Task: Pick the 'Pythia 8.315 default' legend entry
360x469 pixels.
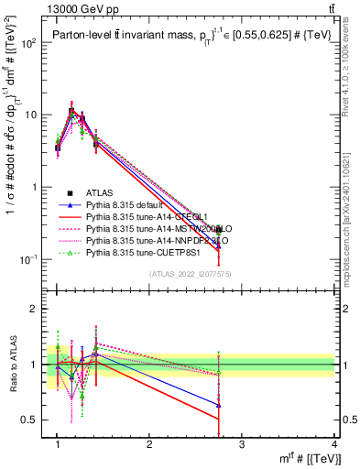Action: point(128,204)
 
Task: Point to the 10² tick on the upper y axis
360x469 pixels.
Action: point(30,43)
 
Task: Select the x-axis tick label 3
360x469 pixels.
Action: point(242,444)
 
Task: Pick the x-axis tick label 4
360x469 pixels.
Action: point(333,444)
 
